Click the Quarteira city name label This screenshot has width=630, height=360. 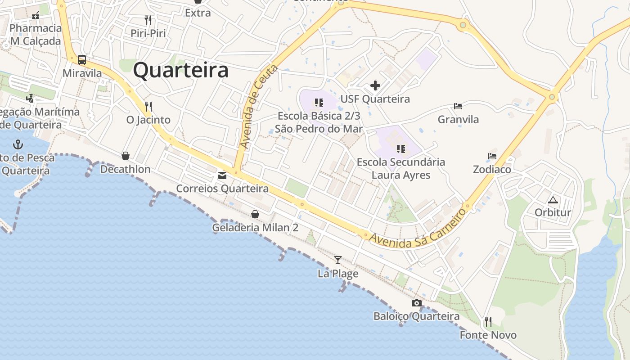click(181, 71)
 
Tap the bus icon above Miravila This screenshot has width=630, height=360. click(82, 59)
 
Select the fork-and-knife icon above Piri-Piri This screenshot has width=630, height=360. click(148, 20)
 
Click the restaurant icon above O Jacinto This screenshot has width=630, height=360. click(148, 107)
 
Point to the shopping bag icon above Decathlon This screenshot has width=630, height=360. click(126, 156)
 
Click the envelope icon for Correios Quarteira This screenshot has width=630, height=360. click(222, 175)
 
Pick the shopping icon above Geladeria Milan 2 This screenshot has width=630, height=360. click(255, 214)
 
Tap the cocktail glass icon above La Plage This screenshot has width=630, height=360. click(338, 260)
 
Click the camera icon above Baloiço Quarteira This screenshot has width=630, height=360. click(417, 303)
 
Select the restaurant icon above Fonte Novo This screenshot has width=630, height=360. click(488, 321)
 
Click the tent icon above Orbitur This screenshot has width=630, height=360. click(553, 199)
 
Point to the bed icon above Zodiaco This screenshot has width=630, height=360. click(492, 156)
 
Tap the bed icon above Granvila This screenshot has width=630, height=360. click(458, 106)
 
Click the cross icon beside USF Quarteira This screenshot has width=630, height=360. click(375, 85)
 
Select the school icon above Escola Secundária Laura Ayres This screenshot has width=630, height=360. click(400, 148)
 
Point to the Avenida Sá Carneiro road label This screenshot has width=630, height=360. click(418, 228)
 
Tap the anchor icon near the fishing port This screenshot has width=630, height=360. click(18, 144)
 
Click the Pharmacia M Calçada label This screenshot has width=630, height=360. click(36, 35)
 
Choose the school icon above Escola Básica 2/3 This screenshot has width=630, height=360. click(319, 103)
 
